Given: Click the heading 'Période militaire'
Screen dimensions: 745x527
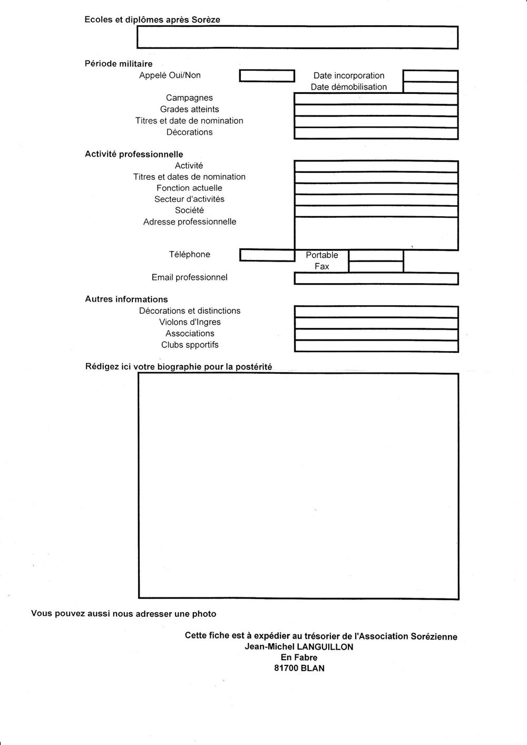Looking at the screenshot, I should pos(119,64).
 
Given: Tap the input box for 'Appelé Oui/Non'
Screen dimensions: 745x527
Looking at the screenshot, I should pos(267,76).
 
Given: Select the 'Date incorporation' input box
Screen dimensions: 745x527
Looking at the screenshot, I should pos(430,76).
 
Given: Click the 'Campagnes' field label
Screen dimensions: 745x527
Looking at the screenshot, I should pos(189,98).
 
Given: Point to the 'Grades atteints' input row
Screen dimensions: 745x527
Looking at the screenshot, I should pos(376,110).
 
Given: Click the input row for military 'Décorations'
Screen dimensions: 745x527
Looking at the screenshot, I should pos(376,133).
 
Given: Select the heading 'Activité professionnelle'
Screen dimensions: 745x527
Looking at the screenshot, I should pos(134,154).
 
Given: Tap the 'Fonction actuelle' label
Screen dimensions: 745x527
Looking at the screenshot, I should pos(189,188).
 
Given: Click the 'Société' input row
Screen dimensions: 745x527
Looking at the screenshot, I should pos(376,211).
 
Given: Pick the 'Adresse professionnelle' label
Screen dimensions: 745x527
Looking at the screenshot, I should pos(190,222).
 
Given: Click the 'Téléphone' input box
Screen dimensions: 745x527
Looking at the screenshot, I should pos(267,256).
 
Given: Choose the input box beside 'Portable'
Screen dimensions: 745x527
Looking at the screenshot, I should pos(376,256).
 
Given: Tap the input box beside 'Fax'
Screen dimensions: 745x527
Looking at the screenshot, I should pos(376,267).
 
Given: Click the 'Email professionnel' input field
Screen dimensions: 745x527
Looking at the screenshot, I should pos(376,279).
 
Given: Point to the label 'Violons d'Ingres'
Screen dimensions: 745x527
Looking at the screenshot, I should pos(190,322).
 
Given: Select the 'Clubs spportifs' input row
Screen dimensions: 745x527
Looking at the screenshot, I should pos(376,346).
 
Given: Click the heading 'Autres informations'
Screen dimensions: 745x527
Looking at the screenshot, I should pos(126,299).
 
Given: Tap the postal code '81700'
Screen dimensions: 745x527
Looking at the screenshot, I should pos(287,668).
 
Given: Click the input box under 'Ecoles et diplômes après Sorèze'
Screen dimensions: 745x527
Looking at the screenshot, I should pos(297,37).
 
